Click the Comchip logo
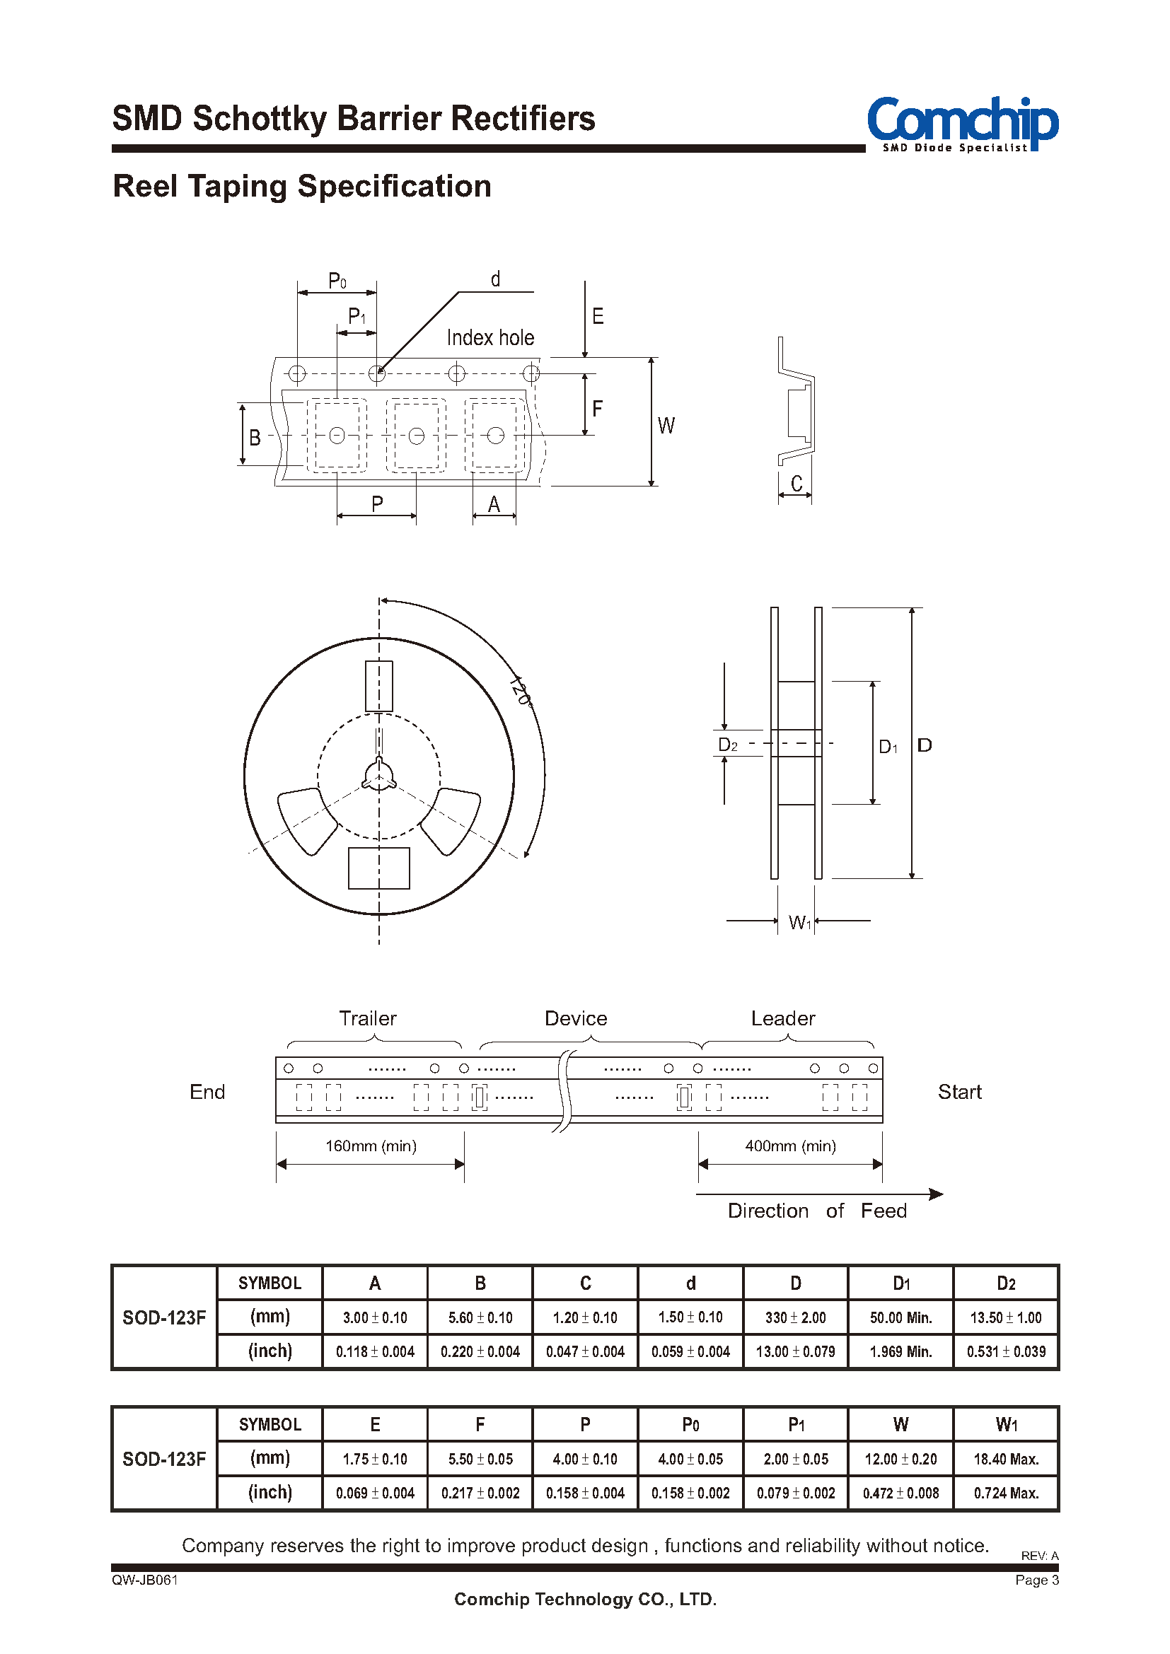coord(962,123)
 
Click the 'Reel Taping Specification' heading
coord(302,187)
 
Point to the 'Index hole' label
coord(490,338)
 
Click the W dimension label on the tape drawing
coord(666,426)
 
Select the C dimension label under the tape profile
coord(796,484)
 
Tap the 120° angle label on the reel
coord(519,692)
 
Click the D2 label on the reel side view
coord(728,745)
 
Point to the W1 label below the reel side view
coord(799,922)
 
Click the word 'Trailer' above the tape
coord(367,1018)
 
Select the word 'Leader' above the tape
coord(782,1018)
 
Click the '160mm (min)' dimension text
coord(371,1146)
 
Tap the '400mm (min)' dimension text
coord(790,1146)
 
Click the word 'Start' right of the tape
coord(959,1092)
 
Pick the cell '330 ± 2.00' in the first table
coord(795,1317)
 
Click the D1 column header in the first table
coord(900,1283)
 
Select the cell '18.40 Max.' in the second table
coord(1006,1459)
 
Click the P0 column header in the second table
coord(690,1424)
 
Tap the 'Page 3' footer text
coord(1036,1580)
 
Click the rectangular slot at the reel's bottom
coord(379,868)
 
